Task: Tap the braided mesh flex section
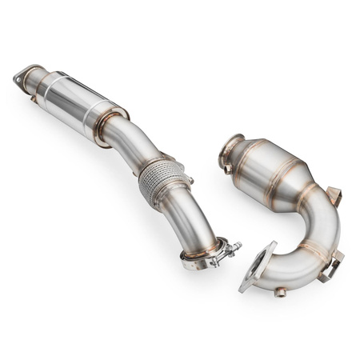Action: tap(159, 183)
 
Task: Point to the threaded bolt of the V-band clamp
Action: tap(230, 249)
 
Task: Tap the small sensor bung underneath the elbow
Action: tap(281, 292)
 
